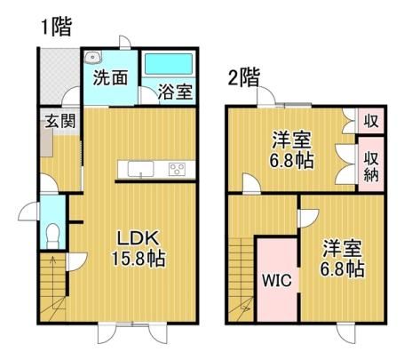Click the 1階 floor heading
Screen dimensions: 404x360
pyautogui.click(x=57, y=27)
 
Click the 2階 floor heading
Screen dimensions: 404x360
pyautogui.click(x=244, y=77)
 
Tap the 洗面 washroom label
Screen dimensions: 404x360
pyautogui.click(x=110, y=78)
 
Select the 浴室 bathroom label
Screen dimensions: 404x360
pyautogui.click(x=175, y=92)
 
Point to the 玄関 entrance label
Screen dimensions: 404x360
pyautogui.click(x=60, y=121)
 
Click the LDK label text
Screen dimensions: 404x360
pyautogui.click(x=139, y=238)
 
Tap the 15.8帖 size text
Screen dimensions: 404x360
pyautogui.click(x=139, y=258)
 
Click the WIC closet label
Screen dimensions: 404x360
pyautogui.click(x=277, y=280)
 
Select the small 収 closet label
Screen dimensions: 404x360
pyautogui.click(x=371, y=121)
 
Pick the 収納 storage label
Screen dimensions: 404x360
pyautogui.click(x=371, y=166)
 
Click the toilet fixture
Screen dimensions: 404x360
pyautogui.click(x=53, y=236)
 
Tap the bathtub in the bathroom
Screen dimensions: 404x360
pyautogui.click(x=168, y=64)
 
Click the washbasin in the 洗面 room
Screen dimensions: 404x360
pyautogui.click(x=92, y=57)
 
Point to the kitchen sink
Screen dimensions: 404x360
pyautogui.click(x=141, y=169)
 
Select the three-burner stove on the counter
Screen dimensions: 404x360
pyautogui.click(x=177, y=170)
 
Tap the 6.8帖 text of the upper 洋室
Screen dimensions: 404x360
pyautogui.click(x=291, y=160)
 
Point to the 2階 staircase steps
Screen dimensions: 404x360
pyautogui.click(x=242, y=278)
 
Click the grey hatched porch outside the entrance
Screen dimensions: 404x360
pyautogui.click(x=59, y=76)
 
